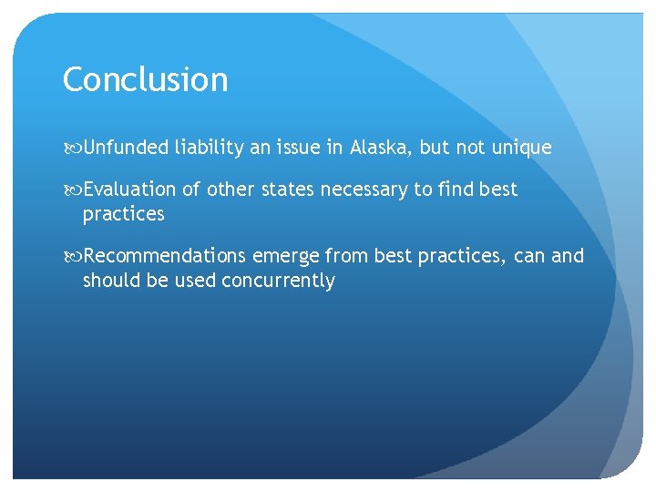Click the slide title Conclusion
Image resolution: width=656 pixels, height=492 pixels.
pos(145,80)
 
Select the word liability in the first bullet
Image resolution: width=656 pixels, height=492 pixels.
pos(210,148)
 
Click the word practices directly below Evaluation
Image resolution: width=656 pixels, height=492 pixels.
pos(123,214)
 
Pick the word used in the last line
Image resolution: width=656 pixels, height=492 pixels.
pos(191,281)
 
